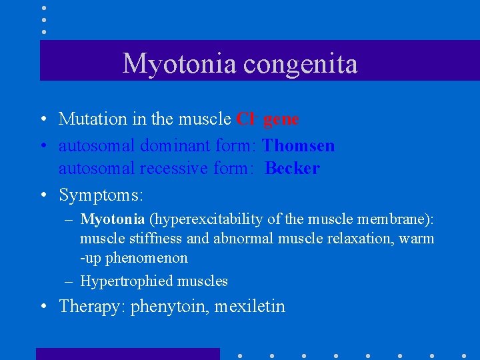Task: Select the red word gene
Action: pos(281,119)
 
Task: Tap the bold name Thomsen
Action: pos(299,145)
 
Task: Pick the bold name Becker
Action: pos(292,169)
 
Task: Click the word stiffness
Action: pos(149,239)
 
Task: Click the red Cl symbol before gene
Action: pos(245,119)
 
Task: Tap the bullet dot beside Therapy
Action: pos(43,307)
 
